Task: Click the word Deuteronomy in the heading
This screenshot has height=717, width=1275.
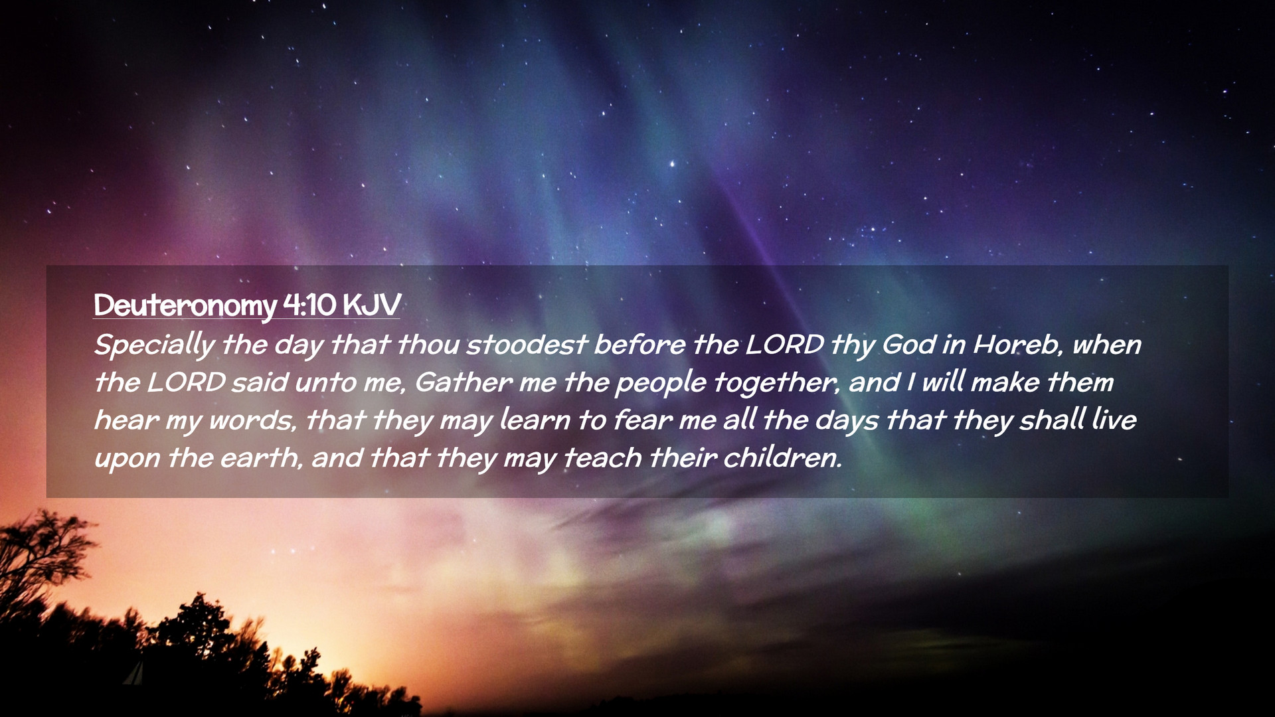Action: click(185, 306)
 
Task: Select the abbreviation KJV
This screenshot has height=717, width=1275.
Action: click(372, 305)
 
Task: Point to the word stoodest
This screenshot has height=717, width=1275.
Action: click(527, 345)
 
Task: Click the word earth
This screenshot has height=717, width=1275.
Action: click(260, 459)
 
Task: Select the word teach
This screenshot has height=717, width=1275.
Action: click(602, 459)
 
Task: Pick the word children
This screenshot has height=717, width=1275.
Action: click(782, 458)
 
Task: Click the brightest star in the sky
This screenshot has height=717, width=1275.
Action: click(671, 163)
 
